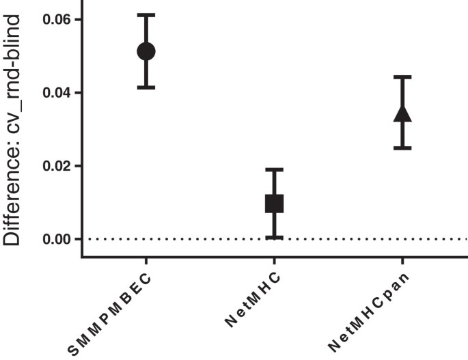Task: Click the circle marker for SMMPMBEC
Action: tap(146, 51)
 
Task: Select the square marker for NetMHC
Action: tap(274, 203)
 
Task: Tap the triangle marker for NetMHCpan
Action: tap(402, 113)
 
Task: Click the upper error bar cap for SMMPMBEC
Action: tap(146, 14)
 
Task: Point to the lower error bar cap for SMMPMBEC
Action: tap(146, 87)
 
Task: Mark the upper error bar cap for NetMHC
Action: tap(274, 169)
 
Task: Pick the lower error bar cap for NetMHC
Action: tap(274, 237)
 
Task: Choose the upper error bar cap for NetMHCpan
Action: tap(402, 77)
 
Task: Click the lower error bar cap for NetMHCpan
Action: tap(402, 148)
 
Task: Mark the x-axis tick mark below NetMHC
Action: tap(274, 262)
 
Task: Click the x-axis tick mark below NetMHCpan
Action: tap(402, 262)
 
